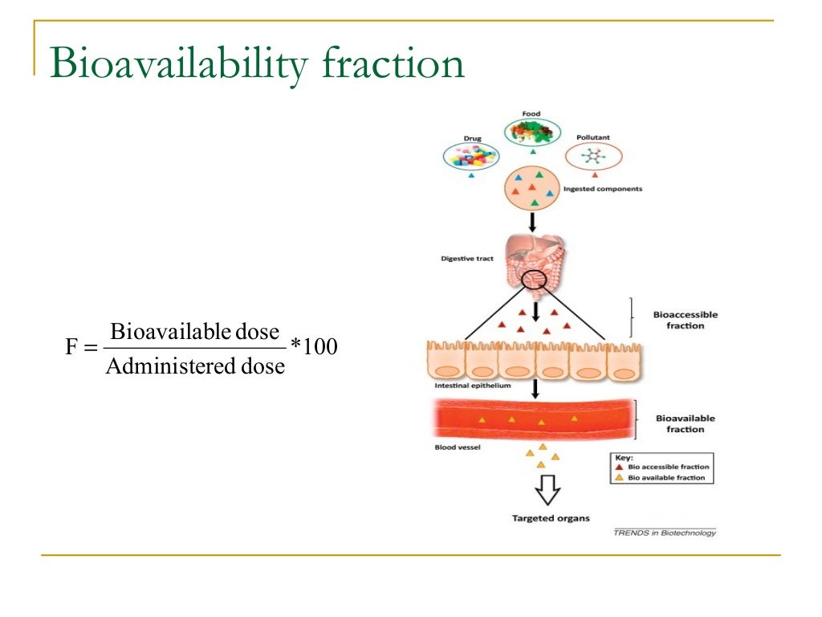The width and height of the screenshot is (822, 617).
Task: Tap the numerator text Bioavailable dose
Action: (195, 331)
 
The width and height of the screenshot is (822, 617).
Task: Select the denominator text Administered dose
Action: (195, 366)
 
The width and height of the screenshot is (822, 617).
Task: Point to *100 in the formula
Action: (314, 348)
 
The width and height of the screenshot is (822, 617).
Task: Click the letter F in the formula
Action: (71, 349)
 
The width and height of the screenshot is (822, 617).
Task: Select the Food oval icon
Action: (531, 131)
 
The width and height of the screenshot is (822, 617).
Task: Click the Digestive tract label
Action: (466, 259)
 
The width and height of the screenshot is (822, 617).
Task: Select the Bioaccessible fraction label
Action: (686, 320)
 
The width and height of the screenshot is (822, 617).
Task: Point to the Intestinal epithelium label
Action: (473, 386)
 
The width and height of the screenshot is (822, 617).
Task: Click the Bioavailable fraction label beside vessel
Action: (685, 423)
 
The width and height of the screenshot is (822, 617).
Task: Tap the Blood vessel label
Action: (458, 447)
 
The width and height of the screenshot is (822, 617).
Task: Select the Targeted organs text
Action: (551, 518)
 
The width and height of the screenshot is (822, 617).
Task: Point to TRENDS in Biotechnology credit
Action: (665, 533)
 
